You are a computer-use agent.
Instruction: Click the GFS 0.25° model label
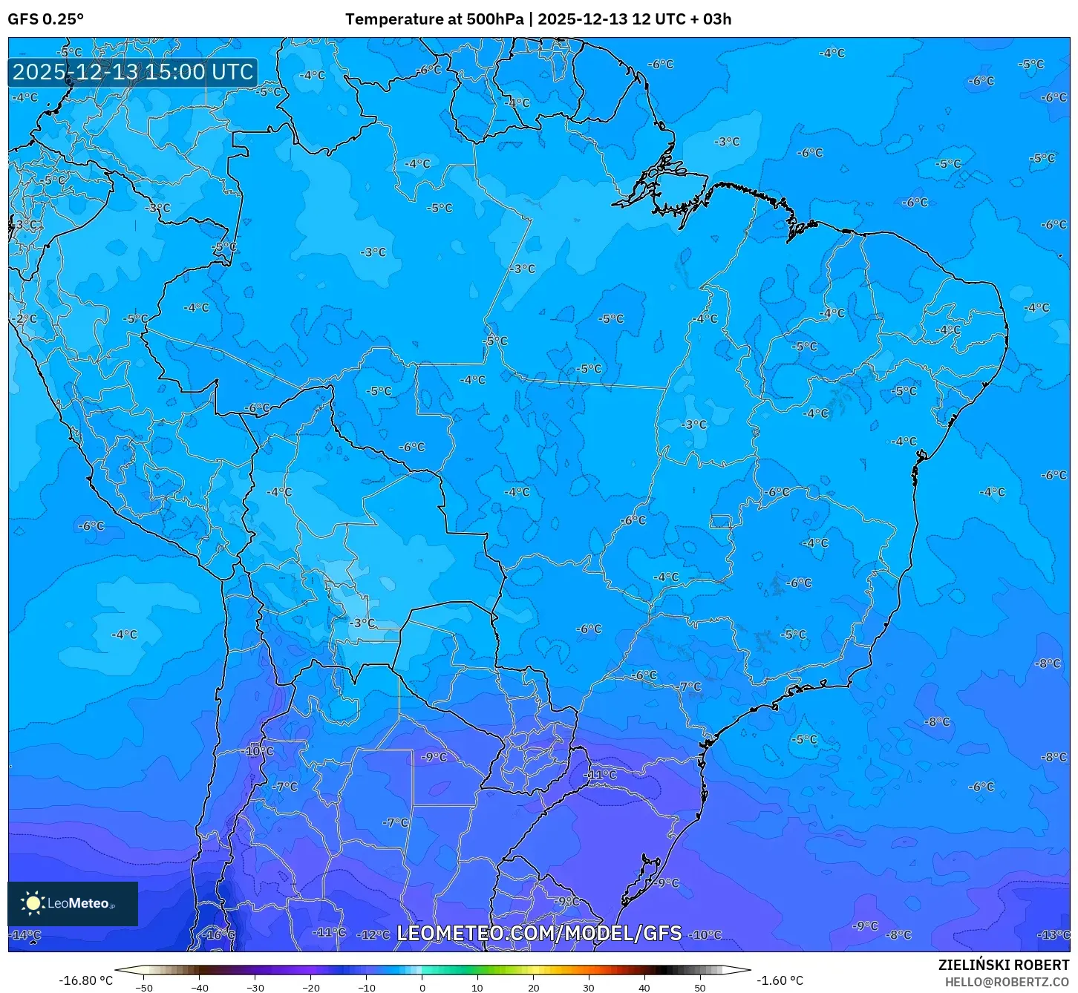point(45,19)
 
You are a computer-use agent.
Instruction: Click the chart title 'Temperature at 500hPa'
point(434,19)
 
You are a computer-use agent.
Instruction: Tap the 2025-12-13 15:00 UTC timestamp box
point(133,72)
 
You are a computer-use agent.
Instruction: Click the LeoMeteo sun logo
point(33,902)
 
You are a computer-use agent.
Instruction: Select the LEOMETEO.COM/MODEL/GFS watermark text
point(539,933)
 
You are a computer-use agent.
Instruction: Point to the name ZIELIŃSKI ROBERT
point(1003,966)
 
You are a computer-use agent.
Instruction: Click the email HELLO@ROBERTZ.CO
point(1006,982)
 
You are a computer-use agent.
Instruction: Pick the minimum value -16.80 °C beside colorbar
point(86,980)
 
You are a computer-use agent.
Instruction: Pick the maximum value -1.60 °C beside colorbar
point(780,980)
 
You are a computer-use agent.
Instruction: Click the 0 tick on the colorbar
point(422,988)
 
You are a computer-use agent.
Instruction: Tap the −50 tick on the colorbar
point(144,988)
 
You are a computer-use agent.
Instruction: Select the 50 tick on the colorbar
point(700,988)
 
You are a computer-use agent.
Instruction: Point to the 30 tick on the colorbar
point(589,988)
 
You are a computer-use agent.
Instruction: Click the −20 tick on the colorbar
point(311,988)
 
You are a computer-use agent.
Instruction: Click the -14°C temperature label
point(26,934)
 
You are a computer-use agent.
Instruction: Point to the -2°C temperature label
point(24,318)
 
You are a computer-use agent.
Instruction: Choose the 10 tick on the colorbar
point(477,988)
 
